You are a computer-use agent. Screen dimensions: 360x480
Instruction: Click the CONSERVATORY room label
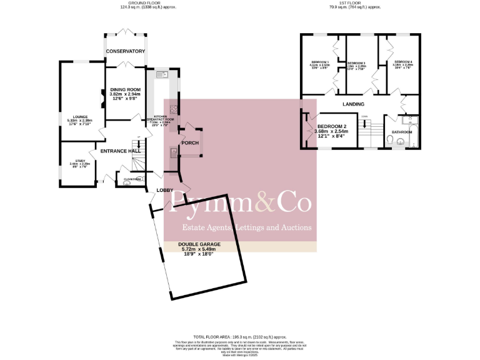point(125,51)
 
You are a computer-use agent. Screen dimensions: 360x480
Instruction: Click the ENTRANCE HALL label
point(116,151)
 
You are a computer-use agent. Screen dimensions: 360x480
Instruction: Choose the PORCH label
point(189,142)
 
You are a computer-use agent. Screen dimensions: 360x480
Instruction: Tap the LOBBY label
point(164,189)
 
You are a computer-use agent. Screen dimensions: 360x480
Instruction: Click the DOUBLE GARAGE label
point(197,245)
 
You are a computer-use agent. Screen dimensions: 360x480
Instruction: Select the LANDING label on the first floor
point(353,104)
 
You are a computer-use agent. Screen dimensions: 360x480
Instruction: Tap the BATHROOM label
point(402,132)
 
